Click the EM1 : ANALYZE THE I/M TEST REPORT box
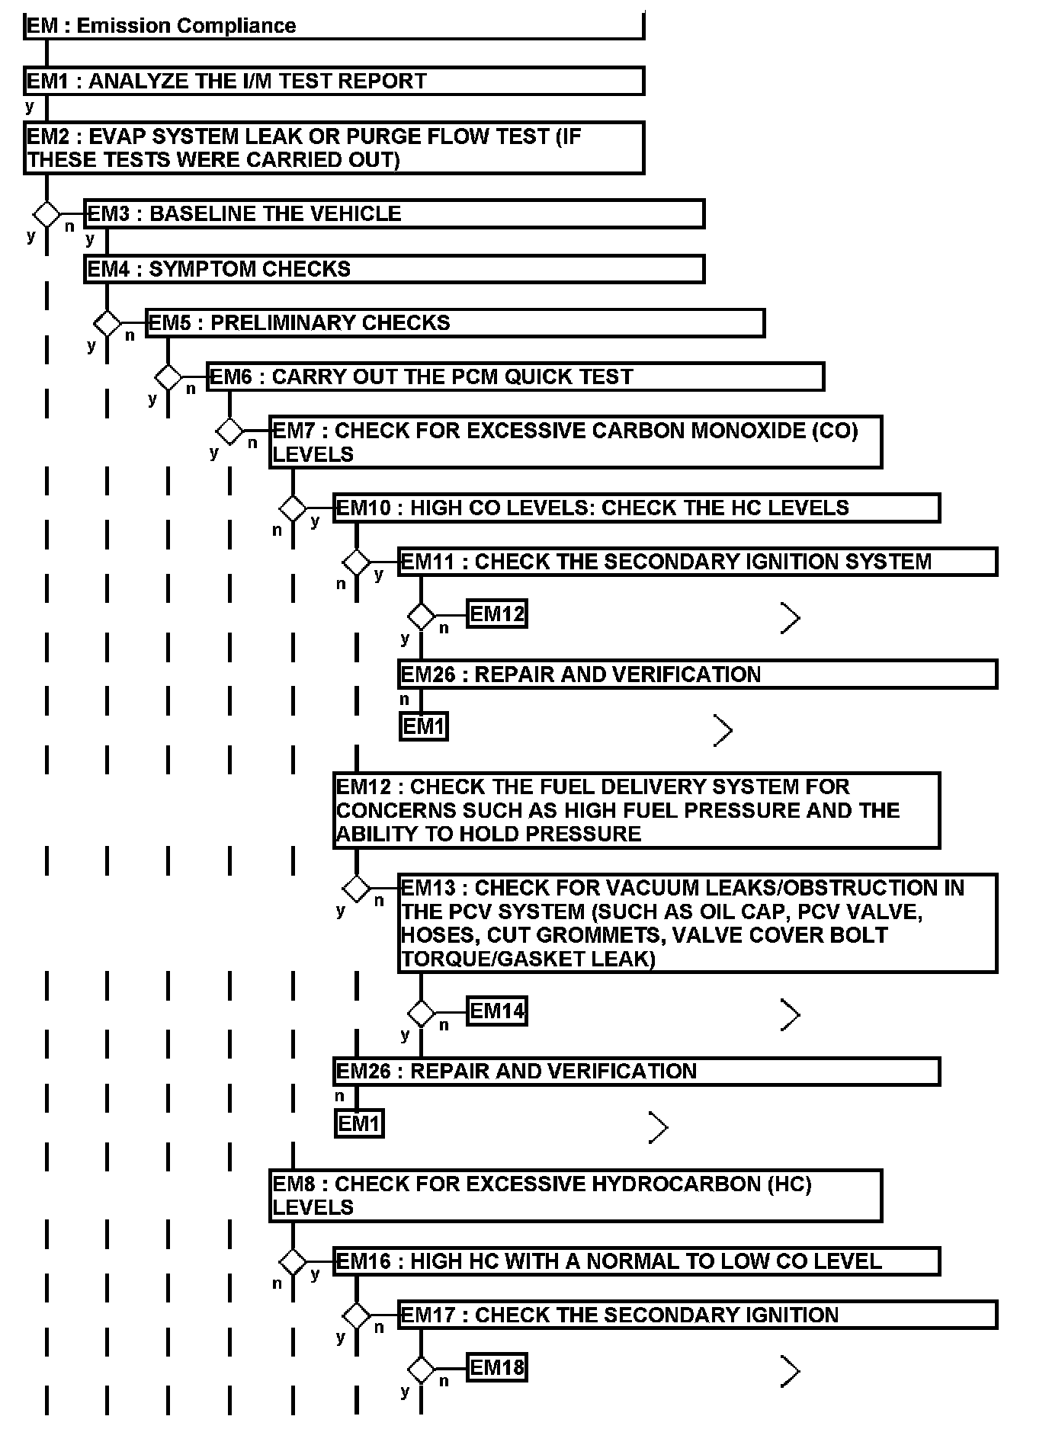click(334, 81)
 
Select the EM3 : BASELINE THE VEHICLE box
click(394, 213)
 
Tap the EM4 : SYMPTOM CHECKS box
click(394, 269)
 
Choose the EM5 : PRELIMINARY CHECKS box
click(455, 322)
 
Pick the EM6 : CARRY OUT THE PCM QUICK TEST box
click(515, 376)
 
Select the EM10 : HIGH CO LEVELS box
click(636, 508)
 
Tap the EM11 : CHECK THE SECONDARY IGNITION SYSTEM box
click(698, 562)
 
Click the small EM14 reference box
click(496, 1011)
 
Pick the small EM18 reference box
click(496, 1367)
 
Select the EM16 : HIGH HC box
click(636, 1261)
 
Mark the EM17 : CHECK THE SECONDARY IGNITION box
click(698, 1315)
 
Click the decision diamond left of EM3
click(47, 214)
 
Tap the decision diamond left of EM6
click(168, 377)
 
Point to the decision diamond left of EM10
click(293, 508)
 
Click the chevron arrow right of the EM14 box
click(791, 1015)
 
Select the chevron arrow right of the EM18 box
click(791, 1371)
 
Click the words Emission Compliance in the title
click(186, 26)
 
